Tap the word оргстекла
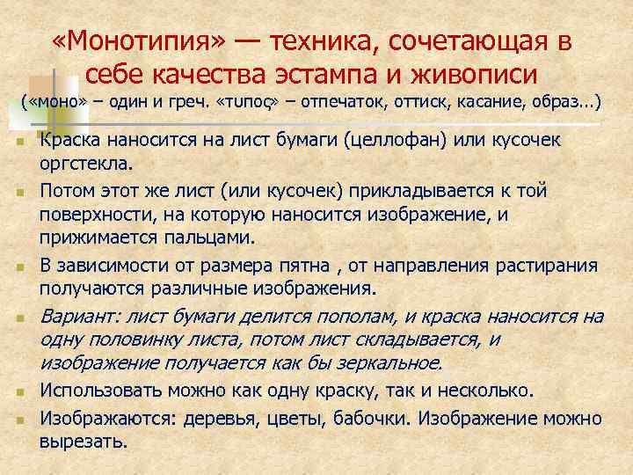tap(84, 164)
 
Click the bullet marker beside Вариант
tap(20, 318)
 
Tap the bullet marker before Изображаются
tap(20, 420)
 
